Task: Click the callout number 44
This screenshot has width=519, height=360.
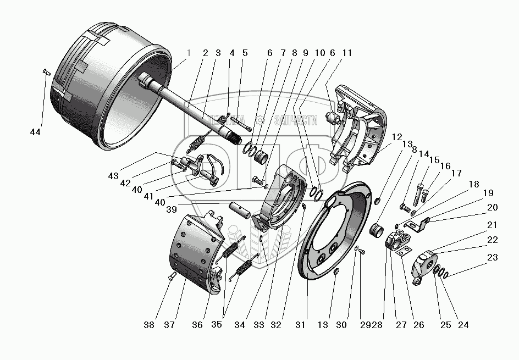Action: click(x=36, y=132)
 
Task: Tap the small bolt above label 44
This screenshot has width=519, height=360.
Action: click(x=46, y=71)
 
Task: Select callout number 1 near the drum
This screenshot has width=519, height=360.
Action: click(x=189, y=53)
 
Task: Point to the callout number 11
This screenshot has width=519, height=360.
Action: click(x=346, y=53)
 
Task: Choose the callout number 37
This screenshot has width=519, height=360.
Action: click(x=169, y=325)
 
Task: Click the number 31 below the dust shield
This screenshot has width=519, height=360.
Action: click(x=300, y=325)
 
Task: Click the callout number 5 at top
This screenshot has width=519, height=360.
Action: click(x=245, y=53)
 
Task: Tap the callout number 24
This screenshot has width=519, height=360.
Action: click(x=463, y=325)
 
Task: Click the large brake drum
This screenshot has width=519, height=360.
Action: click(x=104, y=82)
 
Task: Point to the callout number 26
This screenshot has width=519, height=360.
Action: click(x=418, y=325)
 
